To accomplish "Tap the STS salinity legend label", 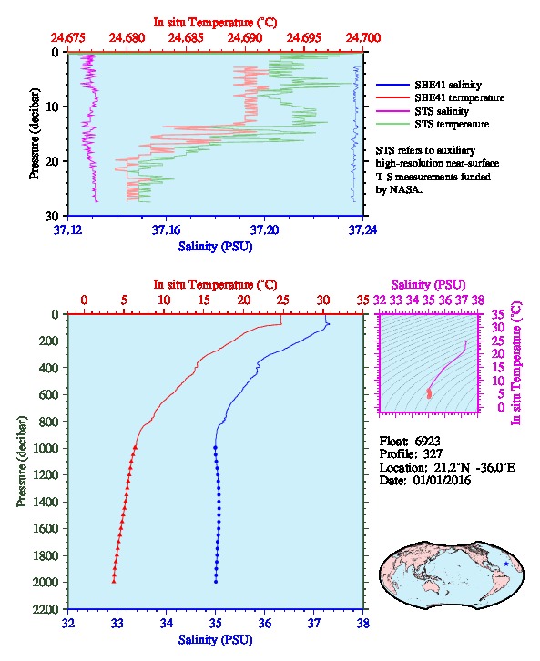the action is [442, 111].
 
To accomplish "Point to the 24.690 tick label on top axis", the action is [244, 38].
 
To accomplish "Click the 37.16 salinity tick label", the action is [166, 229].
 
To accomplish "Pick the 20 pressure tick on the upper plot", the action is [52, 161].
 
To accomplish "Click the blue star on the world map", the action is [506, 564].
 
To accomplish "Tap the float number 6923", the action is [427, 441].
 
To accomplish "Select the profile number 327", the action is [433, 453].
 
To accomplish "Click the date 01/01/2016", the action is [442, 480].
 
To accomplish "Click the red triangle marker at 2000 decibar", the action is [114, 582].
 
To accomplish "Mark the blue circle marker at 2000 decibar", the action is [216, 582].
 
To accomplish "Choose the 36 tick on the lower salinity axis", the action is [265, 623].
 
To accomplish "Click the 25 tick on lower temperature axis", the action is [283, 300].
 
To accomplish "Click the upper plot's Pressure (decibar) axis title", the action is [34, 134].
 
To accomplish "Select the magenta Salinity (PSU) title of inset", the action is [429, 285].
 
